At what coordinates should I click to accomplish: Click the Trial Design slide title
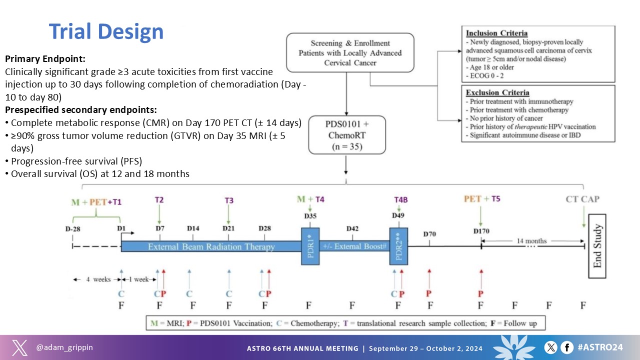coord(106,31)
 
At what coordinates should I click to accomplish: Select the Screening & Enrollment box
coord(350,52)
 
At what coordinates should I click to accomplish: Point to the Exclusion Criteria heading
coord(497,93)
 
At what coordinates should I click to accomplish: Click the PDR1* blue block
coord(310,246)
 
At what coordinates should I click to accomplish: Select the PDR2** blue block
coord(398,246)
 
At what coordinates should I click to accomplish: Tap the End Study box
coord(597,246)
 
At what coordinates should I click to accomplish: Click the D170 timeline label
coord(481,231)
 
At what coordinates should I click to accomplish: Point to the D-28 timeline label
coord(73,228)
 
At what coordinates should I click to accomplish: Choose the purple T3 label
coord(229,200)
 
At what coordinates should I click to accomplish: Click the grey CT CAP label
coord(582,199)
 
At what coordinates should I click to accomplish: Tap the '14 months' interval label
coord(533,240)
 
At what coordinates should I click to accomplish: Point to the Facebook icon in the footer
coord(566,347)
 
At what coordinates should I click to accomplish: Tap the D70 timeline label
coord(429,233)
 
